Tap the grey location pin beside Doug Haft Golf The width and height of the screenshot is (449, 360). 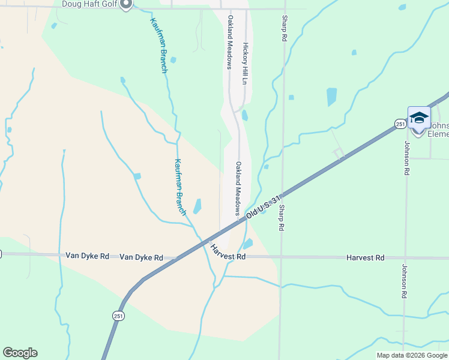click(x=125, y=5)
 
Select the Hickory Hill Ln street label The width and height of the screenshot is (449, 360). click(x=245, y=63)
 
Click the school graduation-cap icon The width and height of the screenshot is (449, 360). click(x=418, y=117)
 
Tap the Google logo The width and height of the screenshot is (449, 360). click(x=20, y=353)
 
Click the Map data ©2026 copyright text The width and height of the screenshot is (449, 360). click(x=412, y=355)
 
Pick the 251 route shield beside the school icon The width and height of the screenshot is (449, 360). click(x=400, y=124)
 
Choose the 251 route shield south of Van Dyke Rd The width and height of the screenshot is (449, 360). click(x=118, y=314)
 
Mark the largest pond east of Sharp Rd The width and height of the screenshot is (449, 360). click(x=331, y=96)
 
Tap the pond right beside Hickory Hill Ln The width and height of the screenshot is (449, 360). click(x=244, y=115)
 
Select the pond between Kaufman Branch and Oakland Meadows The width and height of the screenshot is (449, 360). click(x=197, y=206)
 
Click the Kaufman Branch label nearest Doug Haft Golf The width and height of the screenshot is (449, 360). click(x=158, y=45)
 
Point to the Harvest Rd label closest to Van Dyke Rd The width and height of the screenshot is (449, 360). click(x=229, y=253)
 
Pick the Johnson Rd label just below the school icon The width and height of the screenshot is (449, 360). click(x=406, y=158)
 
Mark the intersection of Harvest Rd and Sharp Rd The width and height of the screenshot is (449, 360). click(x=282, y=257)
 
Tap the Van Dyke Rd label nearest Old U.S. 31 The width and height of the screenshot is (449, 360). click(x=141, y=257)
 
